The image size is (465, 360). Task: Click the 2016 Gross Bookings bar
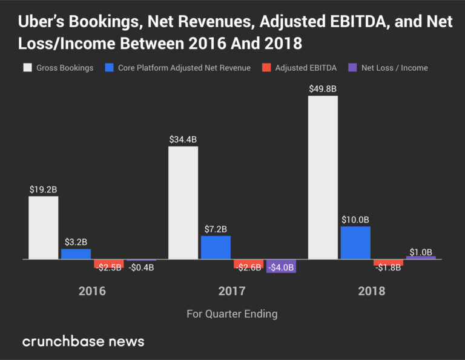(44, 227)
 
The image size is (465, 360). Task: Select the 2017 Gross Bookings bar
(183, 203)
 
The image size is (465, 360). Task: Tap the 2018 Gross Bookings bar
(323, 177)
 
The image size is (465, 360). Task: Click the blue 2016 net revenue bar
(76, 254)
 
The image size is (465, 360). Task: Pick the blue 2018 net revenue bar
(355, 243)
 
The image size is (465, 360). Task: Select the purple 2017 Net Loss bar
(281, 266)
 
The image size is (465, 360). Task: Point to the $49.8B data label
(323, 88)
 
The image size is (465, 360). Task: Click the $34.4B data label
(183, 139)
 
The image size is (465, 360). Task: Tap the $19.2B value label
(44, 189)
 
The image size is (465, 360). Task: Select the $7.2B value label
(216, 229)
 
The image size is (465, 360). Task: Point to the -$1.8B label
(387, 268)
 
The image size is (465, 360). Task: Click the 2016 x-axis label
(92, 291)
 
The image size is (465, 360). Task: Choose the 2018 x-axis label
(372, 291)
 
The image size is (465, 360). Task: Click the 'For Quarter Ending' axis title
(232, 313)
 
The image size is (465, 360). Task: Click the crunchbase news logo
(84, 341)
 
